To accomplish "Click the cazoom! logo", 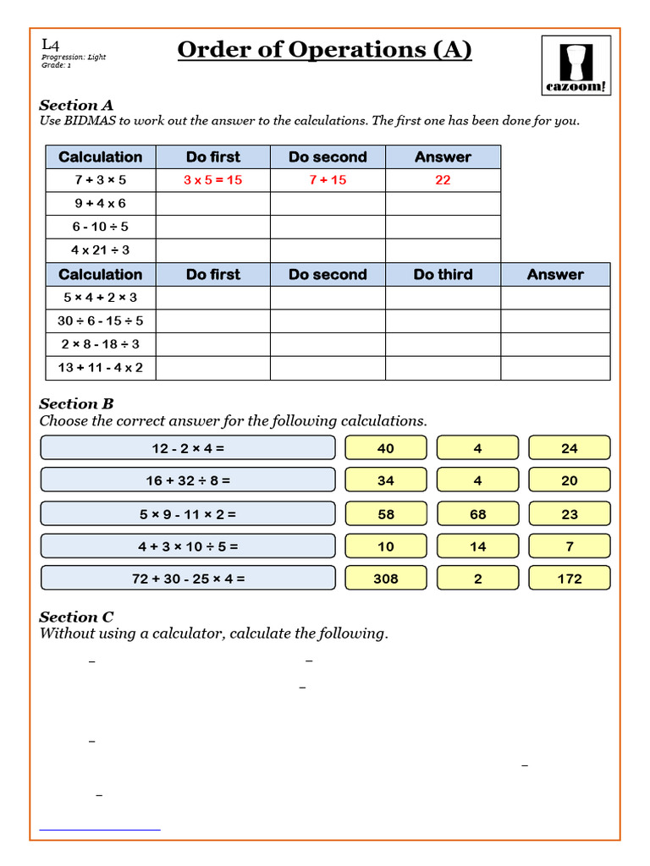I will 576,65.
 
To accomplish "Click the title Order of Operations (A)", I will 324,51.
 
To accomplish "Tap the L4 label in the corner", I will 50,44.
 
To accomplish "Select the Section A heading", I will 76,106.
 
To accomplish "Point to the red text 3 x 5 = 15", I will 212,180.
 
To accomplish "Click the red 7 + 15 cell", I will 328,180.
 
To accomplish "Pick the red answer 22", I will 443,180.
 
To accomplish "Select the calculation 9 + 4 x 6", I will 100,203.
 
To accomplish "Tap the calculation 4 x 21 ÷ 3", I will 100,250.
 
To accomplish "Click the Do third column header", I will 443,275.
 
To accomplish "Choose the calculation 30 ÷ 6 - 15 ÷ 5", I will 100,321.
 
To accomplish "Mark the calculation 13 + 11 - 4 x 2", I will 100,368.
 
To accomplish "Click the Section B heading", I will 76,404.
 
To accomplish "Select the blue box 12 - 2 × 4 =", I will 188,448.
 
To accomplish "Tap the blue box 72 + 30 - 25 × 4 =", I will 188,578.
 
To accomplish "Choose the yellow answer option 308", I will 385,578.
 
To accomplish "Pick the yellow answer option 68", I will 477,513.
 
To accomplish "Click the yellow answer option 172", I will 570,578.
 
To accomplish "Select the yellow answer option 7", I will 570,546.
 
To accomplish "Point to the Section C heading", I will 76,617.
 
